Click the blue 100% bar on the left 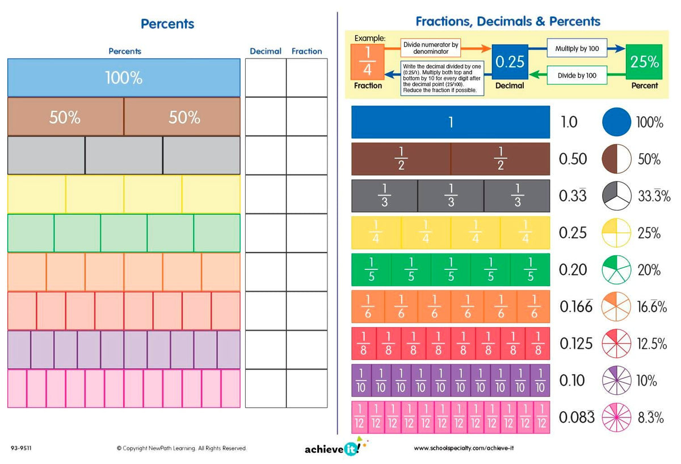(124, 78)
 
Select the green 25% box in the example (644, 62)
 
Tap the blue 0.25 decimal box (510, 62)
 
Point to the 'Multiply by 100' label (577, 49)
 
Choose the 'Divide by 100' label (577, 75)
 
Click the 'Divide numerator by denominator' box (431, 48)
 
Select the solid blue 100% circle (616, 122)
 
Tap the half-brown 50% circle (616, 159)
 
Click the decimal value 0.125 (576, 344)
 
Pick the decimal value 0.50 (573, 159)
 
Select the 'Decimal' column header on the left (266, 51)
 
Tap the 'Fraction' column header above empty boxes (306, 51)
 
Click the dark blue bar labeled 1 (451, 122)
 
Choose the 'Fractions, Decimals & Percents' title (508, 22)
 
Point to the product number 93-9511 (21, 448)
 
